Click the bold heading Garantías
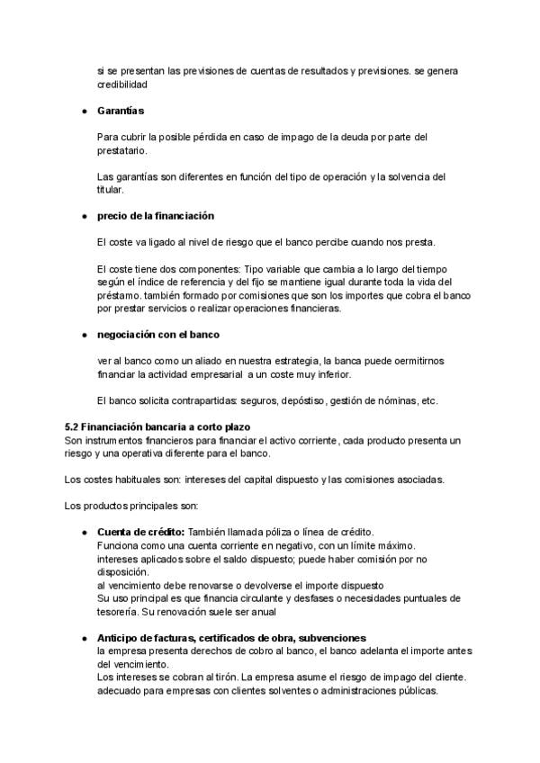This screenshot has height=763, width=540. coord(121,111)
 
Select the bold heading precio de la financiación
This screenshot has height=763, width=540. coord(155,217)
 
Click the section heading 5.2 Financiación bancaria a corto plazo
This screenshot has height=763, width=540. coord(157,426)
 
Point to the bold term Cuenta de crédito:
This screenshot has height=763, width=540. coord(140,532)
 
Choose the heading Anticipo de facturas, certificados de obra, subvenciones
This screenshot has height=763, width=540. coord(231,637)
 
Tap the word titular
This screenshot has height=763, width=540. coord(108,190)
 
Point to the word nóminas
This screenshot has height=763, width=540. coord(400,400)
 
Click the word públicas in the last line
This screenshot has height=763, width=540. coord(415,691)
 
